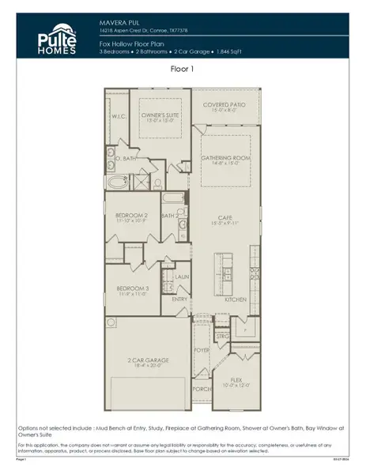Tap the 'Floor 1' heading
click(x=183, y=69)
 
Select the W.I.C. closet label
click(x=119, y=116)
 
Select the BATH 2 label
click(x=168, y=215)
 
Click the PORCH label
click(x=201, y=388)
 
